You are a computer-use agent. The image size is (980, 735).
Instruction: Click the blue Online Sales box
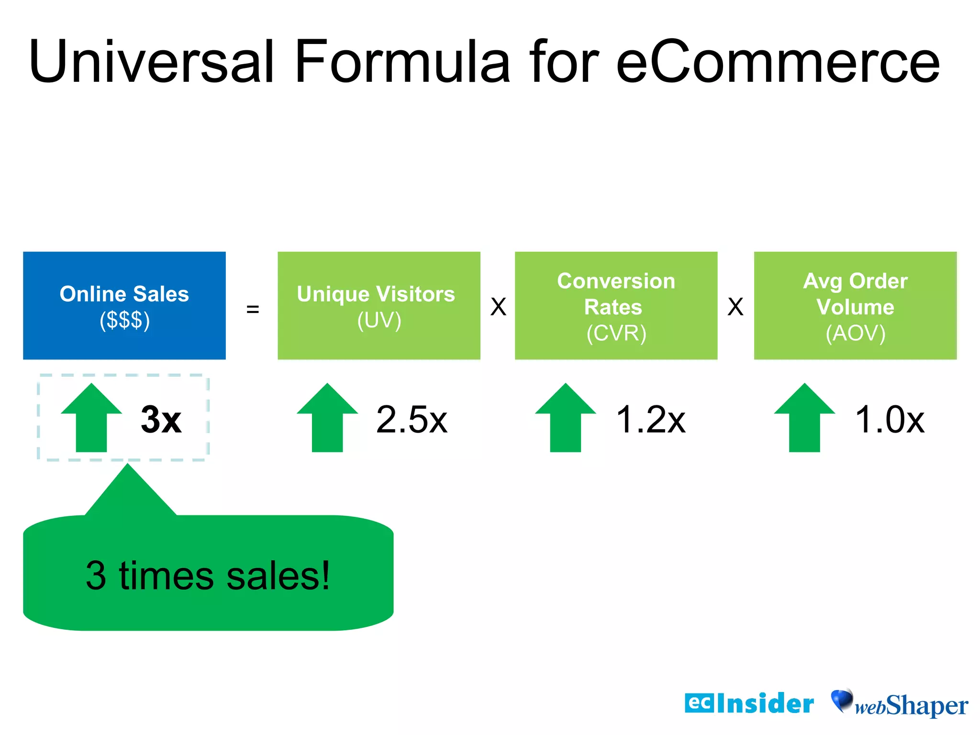coord(124,305)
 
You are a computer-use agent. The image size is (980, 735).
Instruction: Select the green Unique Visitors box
coord(379,305)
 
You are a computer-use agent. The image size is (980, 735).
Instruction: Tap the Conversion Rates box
coord(616,305)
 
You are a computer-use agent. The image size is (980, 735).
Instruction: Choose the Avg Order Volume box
coord(855,305)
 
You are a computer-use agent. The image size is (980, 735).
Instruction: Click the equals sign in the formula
coord(253,309)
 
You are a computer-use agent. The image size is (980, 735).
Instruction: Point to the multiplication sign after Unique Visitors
coord(498,307)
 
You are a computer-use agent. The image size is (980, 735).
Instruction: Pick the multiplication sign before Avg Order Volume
coord(735,307)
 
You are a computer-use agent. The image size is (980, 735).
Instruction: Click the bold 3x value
coord(161,420)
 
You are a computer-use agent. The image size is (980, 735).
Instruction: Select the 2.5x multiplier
coord(412,420)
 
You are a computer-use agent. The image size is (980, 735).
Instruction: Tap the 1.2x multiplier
coord(651,420)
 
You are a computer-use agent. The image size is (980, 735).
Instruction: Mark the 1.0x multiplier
coord(890,420)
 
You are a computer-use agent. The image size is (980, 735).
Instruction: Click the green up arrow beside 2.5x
coord(327,418)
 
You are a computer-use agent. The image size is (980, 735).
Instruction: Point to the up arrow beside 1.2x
coord(566,418)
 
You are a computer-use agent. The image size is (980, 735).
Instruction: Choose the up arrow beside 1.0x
coord(804,418)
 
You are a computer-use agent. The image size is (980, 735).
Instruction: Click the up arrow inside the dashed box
coord(91,418)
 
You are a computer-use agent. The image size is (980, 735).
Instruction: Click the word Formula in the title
coord(402,62)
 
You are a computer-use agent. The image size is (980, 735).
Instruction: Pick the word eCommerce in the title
coord(778,62)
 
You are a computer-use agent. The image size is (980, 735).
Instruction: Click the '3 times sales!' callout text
coord(208,575)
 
